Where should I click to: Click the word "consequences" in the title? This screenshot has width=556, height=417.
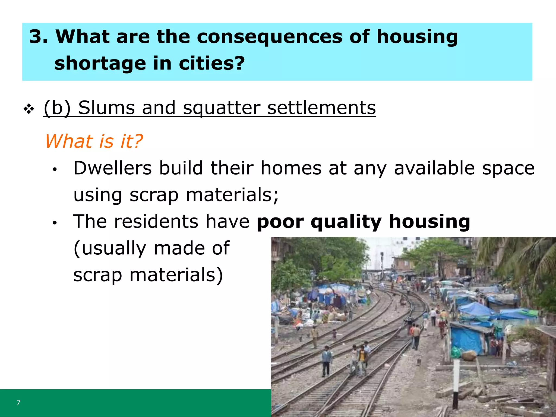click(x=269, y=37)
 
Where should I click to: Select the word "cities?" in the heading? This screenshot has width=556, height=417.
click(x=212, y=64)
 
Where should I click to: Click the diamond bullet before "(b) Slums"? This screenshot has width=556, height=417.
click(x=29, y=109)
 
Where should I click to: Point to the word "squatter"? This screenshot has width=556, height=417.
click(x=222, y=108)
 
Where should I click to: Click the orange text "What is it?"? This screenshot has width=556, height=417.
click(x=94, y=141)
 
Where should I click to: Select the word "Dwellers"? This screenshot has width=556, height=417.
click(x=112, y=168)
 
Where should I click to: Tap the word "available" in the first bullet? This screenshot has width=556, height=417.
click(x=434, y=168)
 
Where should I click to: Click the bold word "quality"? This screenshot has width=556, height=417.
click(x=346, y=222)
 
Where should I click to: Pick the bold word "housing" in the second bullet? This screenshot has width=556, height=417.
click(x=429, y=222)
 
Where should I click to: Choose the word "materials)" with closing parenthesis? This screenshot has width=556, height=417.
click(x=176, y=275)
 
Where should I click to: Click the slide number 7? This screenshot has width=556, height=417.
click(x=18, y=403)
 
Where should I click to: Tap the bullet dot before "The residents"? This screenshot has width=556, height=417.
click(x=55, y=223)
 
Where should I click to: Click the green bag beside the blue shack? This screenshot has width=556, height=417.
click(x=456, y=352)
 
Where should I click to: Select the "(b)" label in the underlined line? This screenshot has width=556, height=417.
click(x=57, y=108)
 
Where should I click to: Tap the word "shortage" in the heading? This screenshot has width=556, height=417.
click(x=100, y=64)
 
